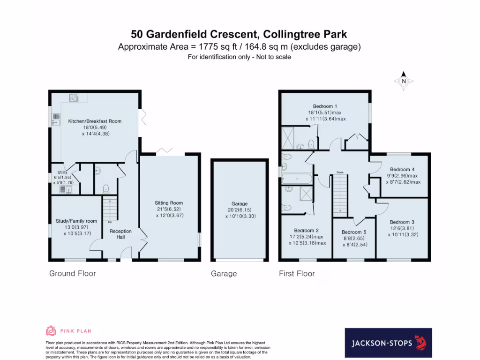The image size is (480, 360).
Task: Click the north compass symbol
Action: [x=404, y=81]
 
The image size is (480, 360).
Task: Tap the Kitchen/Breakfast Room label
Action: [x=95, y=121]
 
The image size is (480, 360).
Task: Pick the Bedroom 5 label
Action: [x=353, y=232]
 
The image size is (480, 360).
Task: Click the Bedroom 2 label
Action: [x=307, y=230]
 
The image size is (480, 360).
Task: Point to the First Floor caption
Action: [x=297, y=273]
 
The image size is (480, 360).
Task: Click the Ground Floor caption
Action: [x=73, y=273]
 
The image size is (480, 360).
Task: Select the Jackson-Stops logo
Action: [x=388, y=343]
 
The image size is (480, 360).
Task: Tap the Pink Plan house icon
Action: [x=51, y=331]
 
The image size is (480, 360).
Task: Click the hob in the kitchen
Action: [x=74, y=98]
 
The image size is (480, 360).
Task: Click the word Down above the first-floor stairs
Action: [x=340, y=172]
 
